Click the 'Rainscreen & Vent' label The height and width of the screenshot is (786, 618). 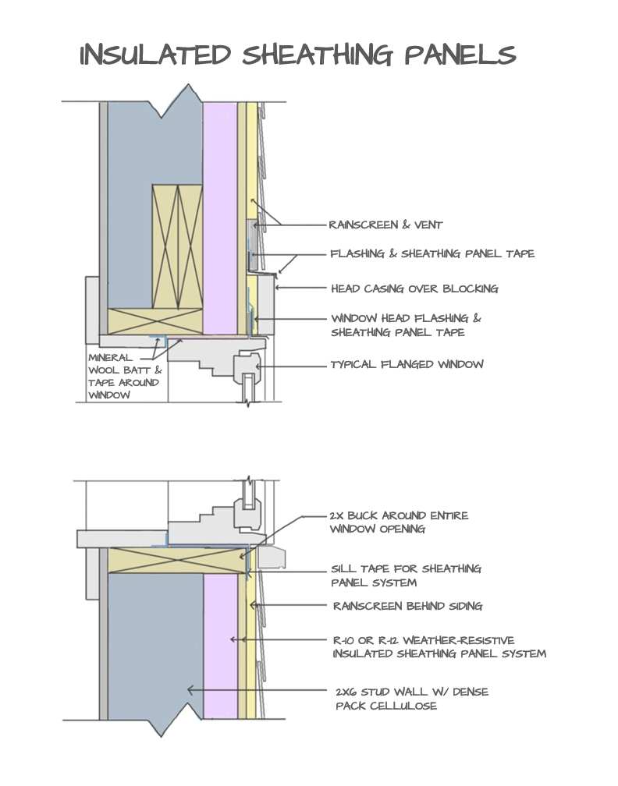coord(385,225)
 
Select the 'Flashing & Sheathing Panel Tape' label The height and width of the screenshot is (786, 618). coord(432,254)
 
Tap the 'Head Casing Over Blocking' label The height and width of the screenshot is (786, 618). coord(414,289)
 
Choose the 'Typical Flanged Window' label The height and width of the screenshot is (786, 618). coord(407,364)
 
